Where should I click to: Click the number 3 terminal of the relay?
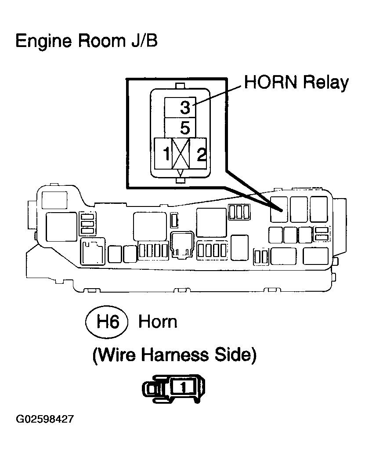(x=180, y=107)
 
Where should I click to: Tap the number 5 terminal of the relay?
(x=180, y=128)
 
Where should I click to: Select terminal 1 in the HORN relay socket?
(x=163, y=153)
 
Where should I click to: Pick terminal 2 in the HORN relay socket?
(x=198, y=153)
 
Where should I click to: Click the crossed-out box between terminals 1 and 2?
(x=181, y=153)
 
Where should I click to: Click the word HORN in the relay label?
(x=271, y=82)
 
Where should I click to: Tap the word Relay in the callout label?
(x=326, y=83)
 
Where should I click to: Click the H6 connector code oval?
(x=107, y=322)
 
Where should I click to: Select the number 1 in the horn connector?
(x=183, y=387)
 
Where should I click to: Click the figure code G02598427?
(x=45, y=419)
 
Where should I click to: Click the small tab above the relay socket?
(x=181, y=86)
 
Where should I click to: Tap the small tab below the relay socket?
(x=181, y=181)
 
